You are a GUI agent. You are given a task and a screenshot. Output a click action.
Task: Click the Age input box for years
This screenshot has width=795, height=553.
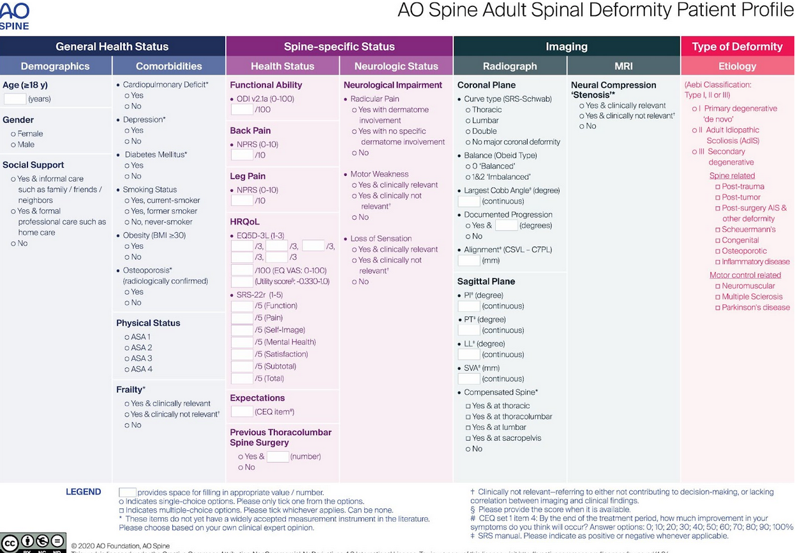tap(15, 99)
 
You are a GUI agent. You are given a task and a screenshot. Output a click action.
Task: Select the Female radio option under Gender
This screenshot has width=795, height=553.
tap(13, 134)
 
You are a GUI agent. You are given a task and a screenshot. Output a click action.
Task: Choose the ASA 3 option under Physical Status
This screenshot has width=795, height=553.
tap(127, 358)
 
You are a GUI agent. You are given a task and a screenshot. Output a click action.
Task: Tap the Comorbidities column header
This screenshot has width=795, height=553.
tap(168, 66)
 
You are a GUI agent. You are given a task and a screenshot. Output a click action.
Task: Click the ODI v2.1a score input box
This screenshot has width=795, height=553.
tap(242, 110)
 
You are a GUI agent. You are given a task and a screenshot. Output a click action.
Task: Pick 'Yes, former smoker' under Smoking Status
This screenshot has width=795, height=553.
tap(127, 211)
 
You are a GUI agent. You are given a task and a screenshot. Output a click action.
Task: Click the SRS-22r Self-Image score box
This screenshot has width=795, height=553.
tap(242, 330)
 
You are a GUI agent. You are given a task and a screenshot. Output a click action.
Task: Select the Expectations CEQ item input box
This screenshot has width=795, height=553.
tap(242, 411)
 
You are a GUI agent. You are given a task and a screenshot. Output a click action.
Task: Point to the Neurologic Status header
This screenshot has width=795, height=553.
tap(396, 66)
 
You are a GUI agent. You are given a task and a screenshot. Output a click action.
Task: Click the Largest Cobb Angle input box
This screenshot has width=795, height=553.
tap(469, 201)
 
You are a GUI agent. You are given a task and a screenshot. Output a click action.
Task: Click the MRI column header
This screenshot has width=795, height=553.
tap(623, 66)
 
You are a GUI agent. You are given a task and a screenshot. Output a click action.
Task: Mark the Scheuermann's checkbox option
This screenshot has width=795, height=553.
tap(718, 230)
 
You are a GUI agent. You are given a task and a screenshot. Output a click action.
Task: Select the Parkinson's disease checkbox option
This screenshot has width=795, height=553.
tap(718, 307)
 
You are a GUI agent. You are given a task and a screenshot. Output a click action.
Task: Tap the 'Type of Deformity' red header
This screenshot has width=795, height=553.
tap(737, 47)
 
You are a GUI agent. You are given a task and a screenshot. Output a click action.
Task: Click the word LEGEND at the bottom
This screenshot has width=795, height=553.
tap(83, 492)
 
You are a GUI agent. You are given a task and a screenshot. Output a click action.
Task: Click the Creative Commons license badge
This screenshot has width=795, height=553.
tap(33, 543)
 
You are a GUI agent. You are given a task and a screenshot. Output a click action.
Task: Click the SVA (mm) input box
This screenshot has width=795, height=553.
tap(469, 379)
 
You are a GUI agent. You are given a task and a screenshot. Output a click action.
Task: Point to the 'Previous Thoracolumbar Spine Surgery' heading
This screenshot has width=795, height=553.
tap(281, 438)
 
